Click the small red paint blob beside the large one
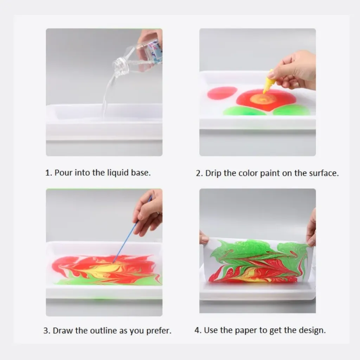(222, 93)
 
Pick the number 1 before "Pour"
(48, 173)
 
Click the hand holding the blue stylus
(148, 212)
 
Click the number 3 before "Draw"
(47, 330)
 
